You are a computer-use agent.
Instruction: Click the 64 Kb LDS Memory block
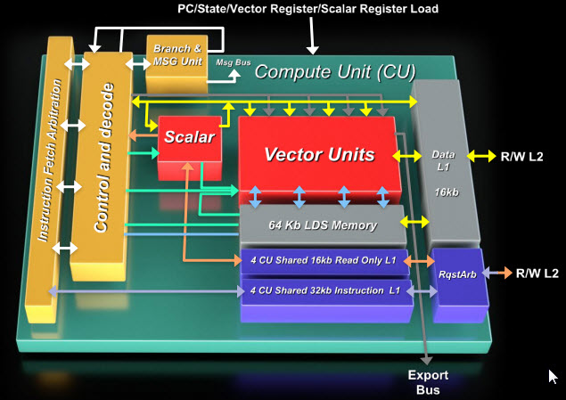point(323,224)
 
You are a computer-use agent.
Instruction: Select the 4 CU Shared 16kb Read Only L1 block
point(323,261)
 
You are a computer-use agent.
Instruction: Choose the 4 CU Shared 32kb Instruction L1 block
point(323,290)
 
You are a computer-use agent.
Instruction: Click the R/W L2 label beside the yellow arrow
point(531,155)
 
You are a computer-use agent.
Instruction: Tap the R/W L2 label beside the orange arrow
point(537,273)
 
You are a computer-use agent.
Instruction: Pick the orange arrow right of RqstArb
point(496,273)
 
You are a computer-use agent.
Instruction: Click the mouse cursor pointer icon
point(554,376)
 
